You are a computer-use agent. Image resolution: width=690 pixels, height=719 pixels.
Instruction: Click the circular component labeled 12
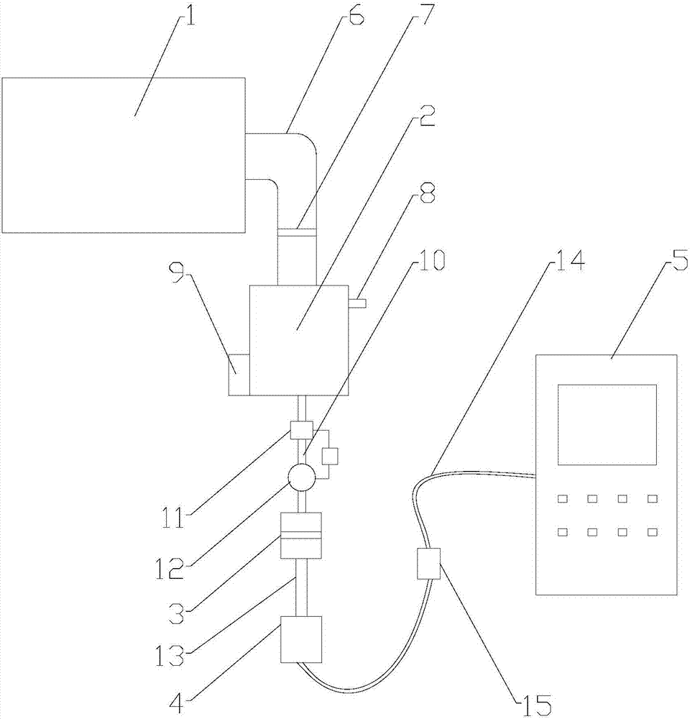click(301, 476)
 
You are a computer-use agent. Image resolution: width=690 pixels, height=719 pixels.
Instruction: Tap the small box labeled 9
click(239, 374)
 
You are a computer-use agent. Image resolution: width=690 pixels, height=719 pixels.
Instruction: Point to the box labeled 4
click(302, 639)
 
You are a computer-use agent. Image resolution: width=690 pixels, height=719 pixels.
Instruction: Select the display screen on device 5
click(607, 424)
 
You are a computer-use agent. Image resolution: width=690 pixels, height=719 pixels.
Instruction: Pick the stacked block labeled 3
click(301, 536)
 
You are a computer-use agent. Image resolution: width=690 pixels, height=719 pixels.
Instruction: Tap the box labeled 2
click(298, 339)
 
